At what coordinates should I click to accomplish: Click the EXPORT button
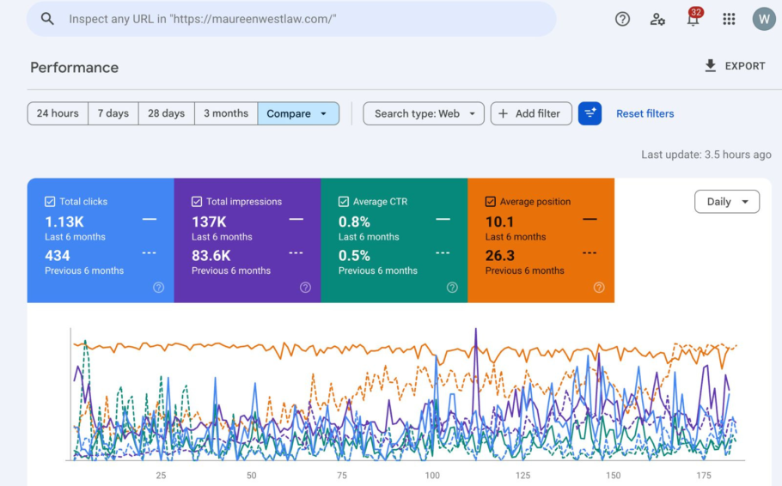pyautogui.click(x=735, y=66)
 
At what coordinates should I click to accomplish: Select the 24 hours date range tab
pyautogui.click(x=58, y=113)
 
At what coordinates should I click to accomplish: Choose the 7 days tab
pyautogui.click(x=113, y=113)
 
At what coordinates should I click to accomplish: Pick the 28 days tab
pyautogui.click(x=166, y=113)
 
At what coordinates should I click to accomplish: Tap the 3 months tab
pyautogui.click(x=226, y=113)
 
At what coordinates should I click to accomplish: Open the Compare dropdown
pyautogui.click(x=298, y=113)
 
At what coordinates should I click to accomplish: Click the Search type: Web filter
pyautogui.click(x=424, y=113)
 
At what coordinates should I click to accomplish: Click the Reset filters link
pyautogui.click(x=645, y=113)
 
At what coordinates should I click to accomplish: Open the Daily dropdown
pyautogui.click(x=727, y=202)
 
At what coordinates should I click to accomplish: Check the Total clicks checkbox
pyautogui.click(x=50, y=202)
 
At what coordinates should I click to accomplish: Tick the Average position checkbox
pyautogui.click(x=490, y=202)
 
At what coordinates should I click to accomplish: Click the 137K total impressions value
pyautogui.click(x=209, y=222)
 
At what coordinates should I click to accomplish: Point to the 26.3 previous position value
pyautogui.click(x=500, y=256)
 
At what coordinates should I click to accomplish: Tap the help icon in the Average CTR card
pyautogui.click(x=452, y=288)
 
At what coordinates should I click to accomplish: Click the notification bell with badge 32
pyautogui.click(x=693, y=18)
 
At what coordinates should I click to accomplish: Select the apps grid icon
pyautogui.click(x=729, y=19)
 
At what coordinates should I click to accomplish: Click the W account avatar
pyautogui.click(x=764, y=19)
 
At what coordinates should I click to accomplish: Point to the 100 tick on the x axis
pyautogui.click(x=432, y=476)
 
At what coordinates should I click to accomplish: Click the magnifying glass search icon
pyautogui.click(x=47, y=19)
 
